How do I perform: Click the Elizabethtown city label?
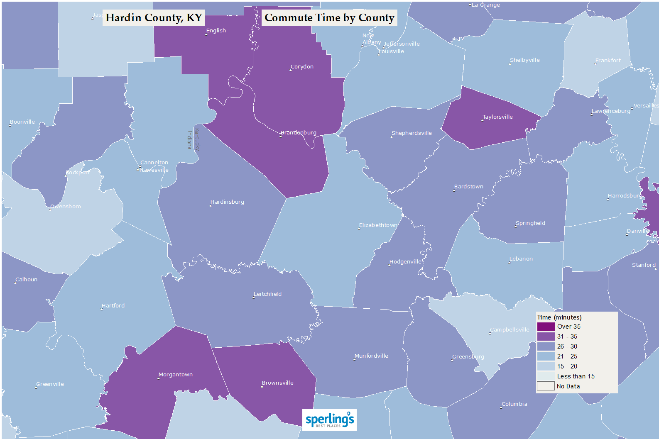click(x=378, y=225)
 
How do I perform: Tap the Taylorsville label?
click(x=497, y=117)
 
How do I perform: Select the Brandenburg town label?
click(x=299, y=133)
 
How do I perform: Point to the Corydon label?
click(x=302, y=67)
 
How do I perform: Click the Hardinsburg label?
click(x=227, y=202)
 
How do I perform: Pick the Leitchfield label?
click(x=267, y=294)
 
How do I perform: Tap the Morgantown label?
click(x=176, y=375)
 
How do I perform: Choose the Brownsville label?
click(x=277, y=383)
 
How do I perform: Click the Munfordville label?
click(x=371, y=356)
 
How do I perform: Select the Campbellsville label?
click(x=510, y=330)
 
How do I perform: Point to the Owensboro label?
click(x=66, y=207)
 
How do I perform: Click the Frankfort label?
click(x=608, y=61)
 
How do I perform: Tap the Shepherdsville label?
click(x=412, y=133)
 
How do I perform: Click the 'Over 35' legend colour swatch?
click(x=546, y=327)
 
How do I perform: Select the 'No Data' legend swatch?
click(x=546, y=386)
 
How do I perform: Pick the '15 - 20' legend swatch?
click(x=546, y=366)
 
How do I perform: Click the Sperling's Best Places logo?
click(x=329, y=419)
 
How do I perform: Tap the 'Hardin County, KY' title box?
click(x=154, y=18)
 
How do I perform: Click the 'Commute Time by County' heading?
click(x=329, y=18)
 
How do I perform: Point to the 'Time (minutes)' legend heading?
click(x=559, y=317)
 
